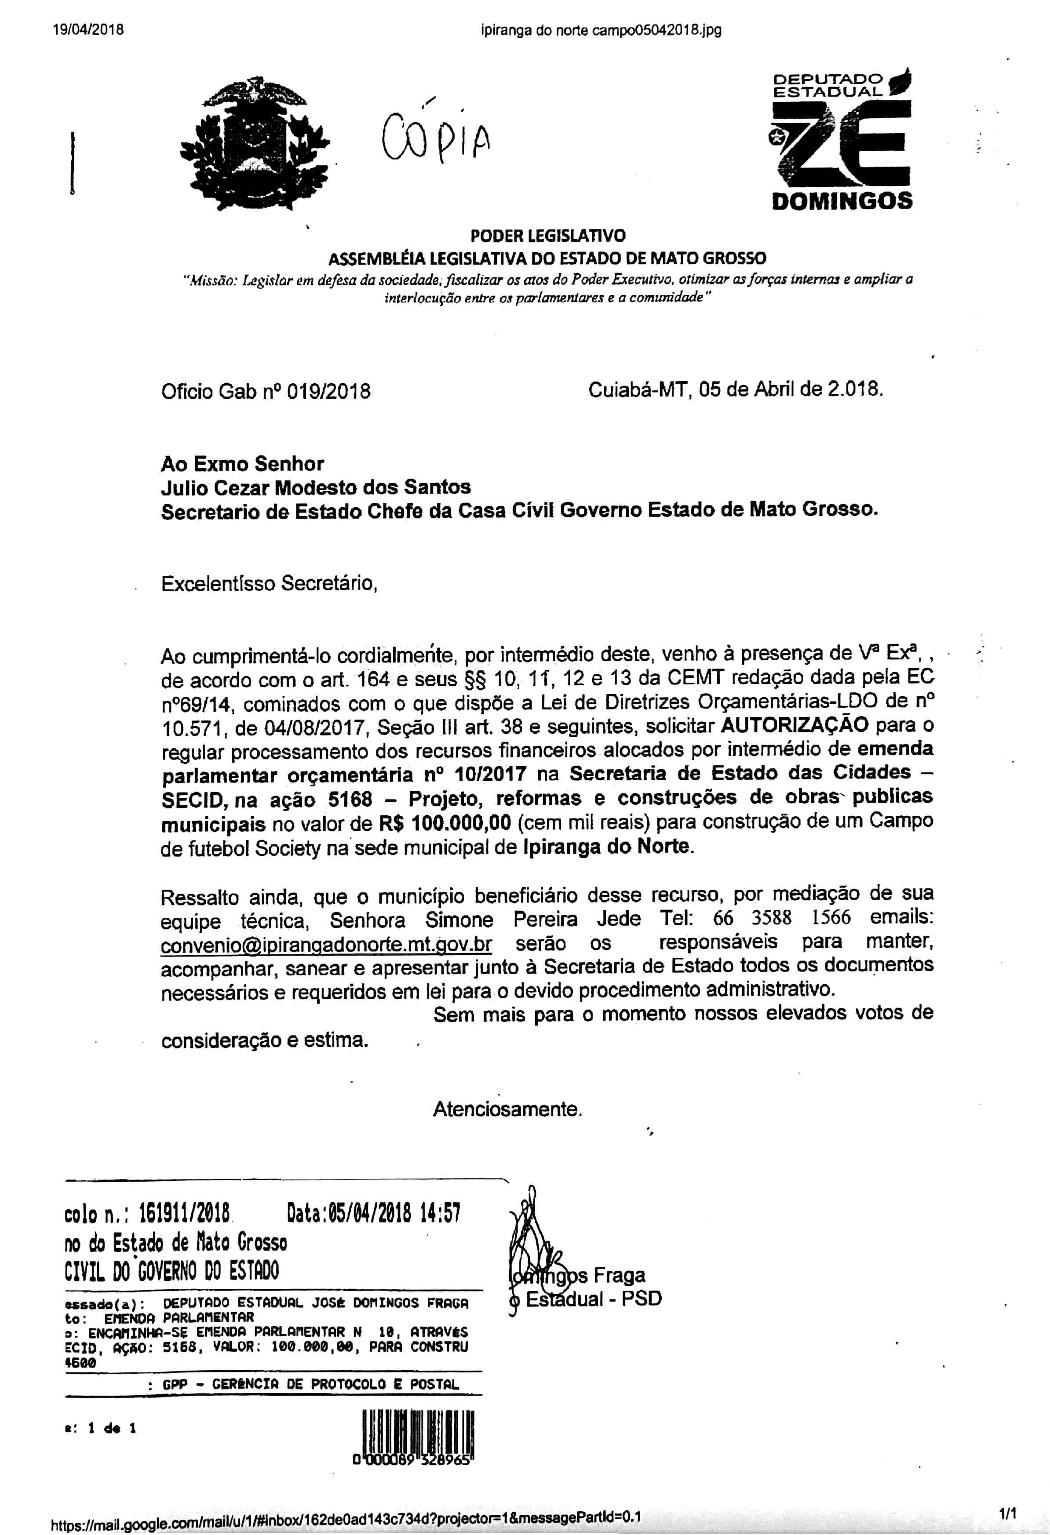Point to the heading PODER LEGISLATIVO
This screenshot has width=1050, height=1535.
[x=548, y=236]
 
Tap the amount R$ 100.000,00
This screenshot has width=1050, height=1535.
[x=445, y=822]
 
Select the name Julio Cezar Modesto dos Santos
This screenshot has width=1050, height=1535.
[x=316, y=487]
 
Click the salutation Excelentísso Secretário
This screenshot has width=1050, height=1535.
[x=269, y=583]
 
